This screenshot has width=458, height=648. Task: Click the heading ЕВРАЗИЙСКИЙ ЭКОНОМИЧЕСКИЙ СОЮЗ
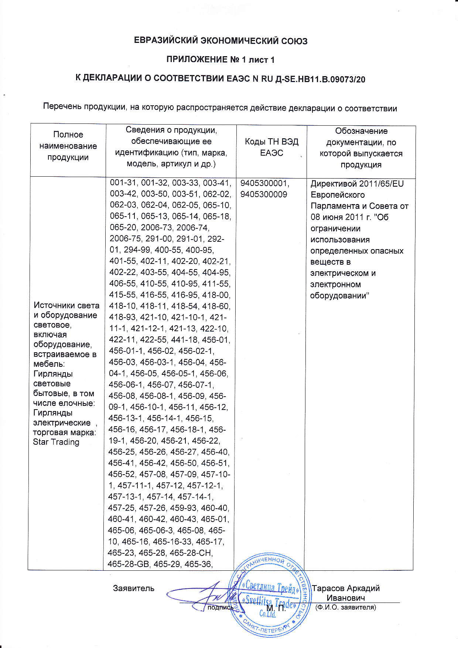tap(221, 41)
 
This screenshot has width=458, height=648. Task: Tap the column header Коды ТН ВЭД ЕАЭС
tap(271, 147)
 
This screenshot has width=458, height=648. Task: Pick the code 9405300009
tap(263, 194)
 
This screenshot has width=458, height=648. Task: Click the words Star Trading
tap(56, 442)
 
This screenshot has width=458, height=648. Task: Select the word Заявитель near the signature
tap(134, 588)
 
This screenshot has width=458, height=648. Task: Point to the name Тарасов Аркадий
tap(346, 588)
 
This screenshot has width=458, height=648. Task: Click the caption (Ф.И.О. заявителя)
tap(346, 607)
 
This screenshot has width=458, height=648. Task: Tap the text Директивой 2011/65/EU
tap(357, 184)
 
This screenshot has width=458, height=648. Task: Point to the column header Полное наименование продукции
tap(68, 146)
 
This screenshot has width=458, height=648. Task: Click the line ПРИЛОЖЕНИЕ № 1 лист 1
tap(221, 60)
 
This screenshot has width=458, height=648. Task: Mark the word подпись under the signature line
tap(221, 607)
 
